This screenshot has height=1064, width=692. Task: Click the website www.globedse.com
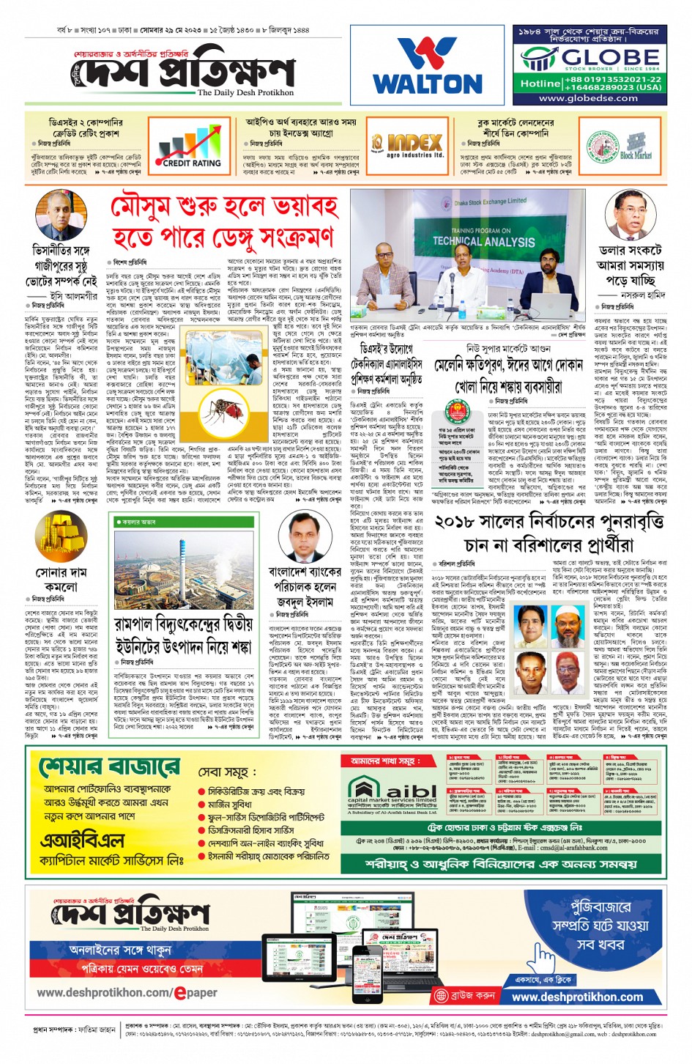tap(588, 98)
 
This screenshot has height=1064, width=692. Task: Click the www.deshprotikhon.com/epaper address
tap(127, 993)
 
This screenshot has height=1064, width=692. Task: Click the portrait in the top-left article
tap(60, 214)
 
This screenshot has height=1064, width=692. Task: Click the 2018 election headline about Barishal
tap(549, 533)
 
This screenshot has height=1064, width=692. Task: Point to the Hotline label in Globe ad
tap(540, 84)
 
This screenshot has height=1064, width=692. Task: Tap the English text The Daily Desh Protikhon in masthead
tap(245, 93)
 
